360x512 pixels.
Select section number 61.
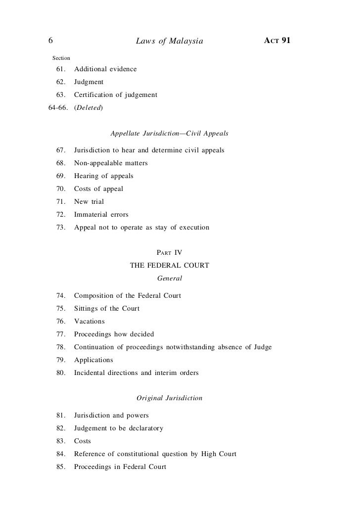62,69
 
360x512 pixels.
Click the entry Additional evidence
105,69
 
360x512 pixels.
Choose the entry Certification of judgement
115,94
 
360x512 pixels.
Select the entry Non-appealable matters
111,163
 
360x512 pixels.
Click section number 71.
62,202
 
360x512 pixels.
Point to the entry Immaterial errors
101,215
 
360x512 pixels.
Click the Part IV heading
169,252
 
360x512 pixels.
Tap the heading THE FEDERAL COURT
169,266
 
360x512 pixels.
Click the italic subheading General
169,279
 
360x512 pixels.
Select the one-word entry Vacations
90,322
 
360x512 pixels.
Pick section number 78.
62,347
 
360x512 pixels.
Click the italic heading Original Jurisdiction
169,398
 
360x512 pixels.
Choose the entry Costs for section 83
83,441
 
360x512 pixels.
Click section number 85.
62,466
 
